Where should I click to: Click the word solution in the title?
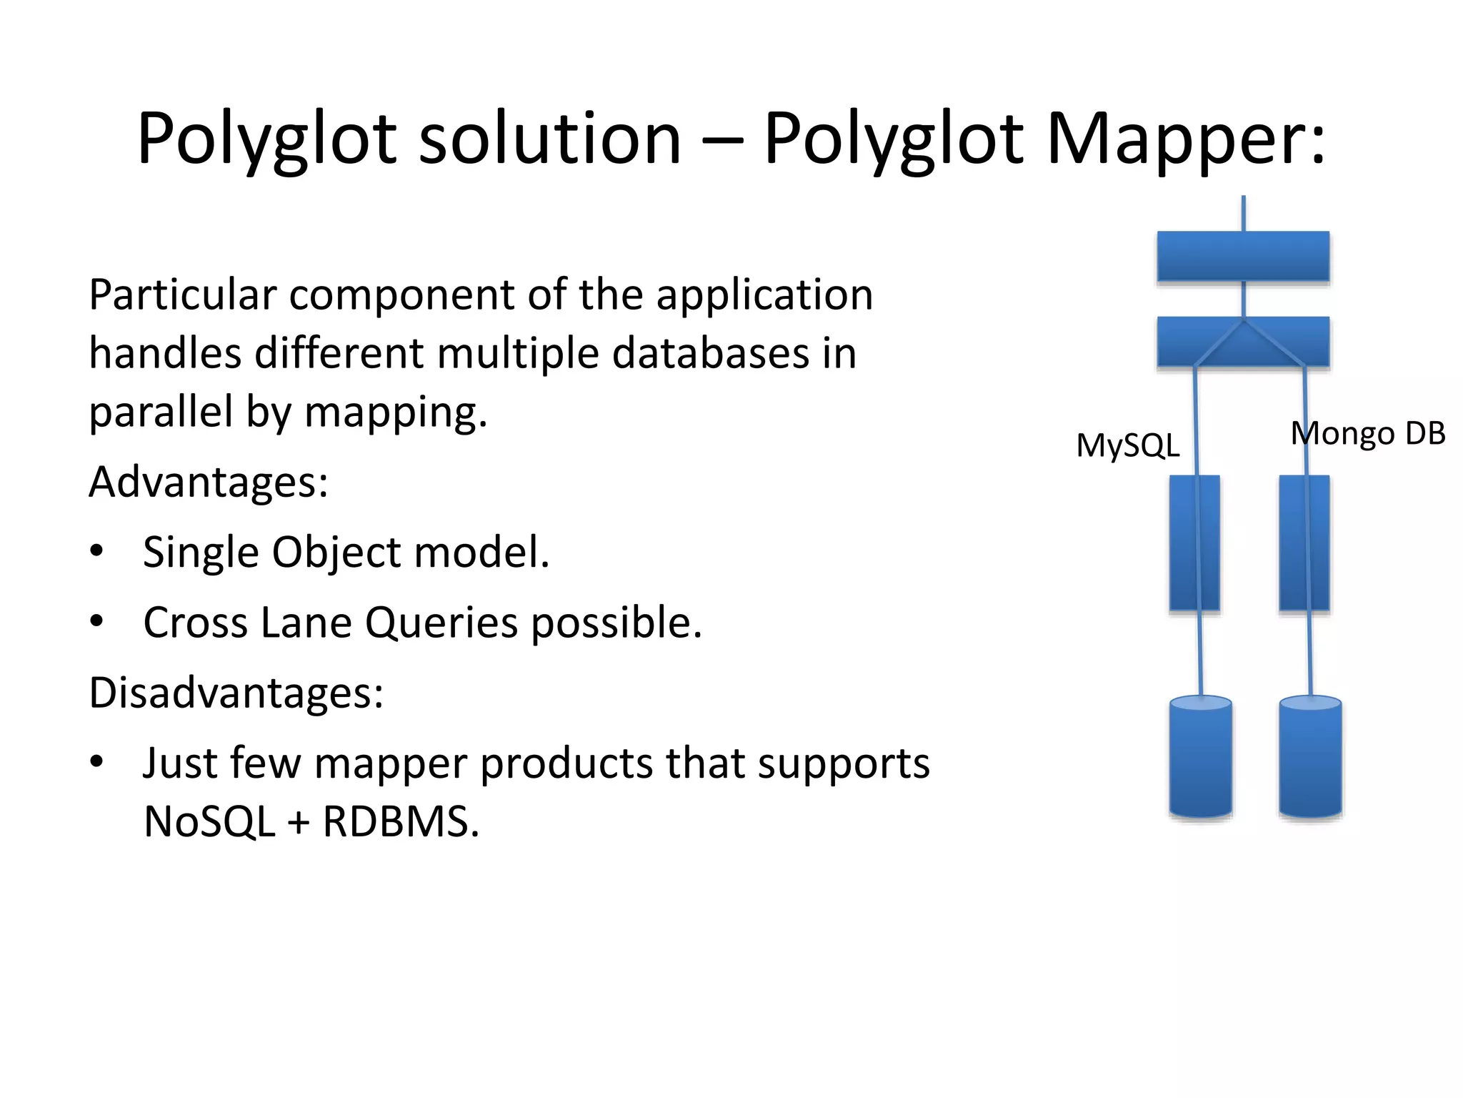549,139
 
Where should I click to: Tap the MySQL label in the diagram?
1127,446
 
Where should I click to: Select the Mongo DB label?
1367,433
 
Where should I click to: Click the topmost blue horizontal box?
1242,256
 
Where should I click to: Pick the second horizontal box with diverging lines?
1242,342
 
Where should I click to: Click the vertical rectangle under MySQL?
1194,543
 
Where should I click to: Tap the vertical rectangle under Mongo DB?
1304,543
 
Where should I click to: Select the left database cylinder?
1200,758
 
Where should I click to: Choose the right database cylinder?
1310,758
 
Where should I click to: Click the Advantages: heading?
208,482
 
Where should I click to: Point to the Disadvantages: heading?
236,693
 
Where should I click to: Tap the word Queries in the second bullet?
441,623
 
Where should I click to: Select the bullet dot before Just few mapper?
96,762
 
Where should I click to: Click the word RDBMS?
400,822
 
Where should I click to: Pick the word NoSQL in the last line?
209,822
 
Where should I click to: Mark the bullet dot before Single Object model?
96,551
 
